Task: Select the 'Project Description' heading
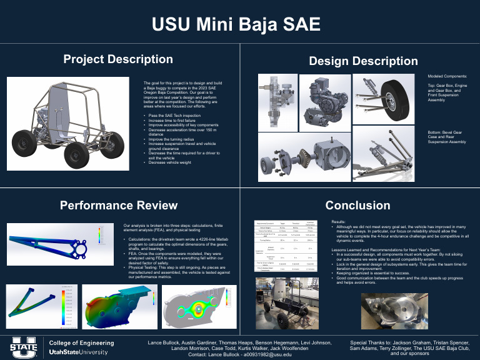118,59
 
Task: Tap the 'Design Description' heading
363,61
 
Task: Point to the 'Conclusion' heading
357,205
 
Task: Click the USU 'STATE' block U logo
24,347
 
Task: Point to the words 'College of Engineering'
81,343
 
